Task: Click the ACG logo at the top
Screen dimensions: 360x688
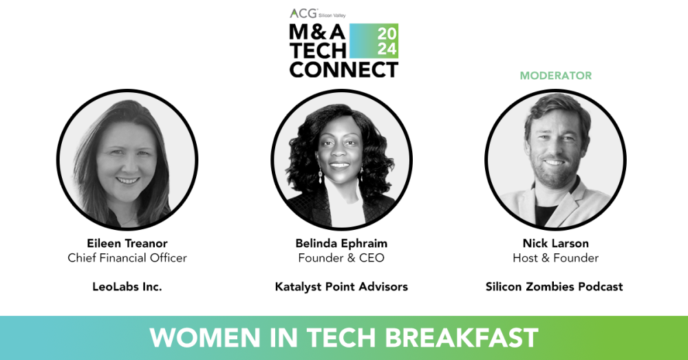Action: (300, 13)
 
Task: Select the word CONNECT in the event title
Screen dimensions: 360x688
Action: (343, 70)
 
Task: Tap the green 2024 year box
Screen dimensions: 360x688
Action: (387, 41)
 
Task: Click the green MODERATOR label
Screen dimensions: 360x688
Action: (555, 75)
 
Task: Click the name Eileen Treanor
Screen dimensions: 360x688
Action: (127, 244)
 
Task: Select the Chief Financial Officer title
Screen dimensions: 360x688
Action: (127, 258)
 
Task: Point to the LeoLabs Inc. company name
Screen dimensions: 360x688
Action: (127, 286)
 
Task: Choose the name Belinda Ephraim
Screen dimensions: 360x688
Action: (341, 244)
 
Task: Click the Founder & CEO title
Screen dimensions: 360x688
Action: (341, 258)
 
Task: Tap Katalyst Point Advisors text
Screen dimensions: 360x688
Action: (341, 286)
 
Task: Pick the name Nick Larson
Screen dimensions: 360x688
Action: (555, 244)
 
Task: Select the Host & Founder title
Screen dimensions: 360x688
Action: (555, 258)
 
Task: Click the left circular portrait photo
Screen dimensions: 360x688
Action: (127, 160)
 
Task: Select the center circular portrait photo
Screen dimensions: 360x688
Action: (341, 160)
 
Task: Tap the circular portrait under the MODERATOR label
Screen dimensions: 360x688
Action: (555, 160)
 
